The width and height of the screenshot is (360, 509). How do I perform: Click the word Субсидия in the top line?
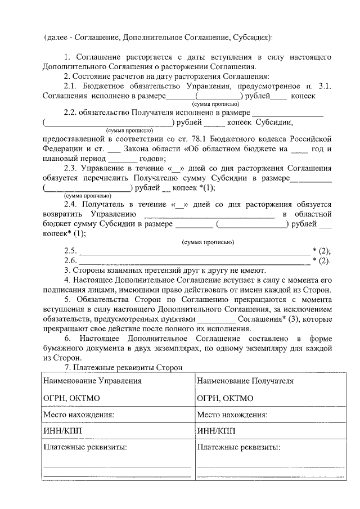252,37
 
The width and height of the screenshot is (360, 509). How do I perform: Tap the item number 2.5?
70,251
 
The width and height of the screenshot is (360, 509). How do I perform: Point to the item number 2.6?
70,260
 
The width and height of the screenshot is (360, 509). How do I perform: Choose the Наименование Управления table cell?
92,381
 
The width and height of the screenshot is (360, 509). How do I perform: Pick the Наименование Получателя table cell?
245,381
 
